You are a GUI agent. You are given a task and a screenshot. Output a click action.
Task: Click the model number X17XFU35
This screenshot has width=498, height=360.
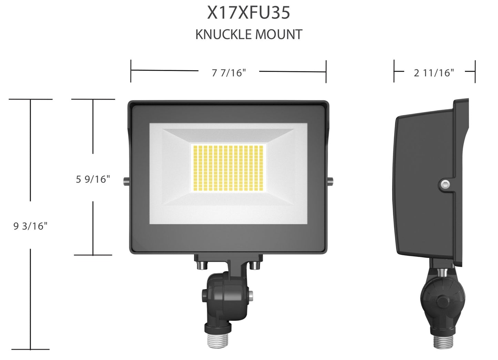point(248,13)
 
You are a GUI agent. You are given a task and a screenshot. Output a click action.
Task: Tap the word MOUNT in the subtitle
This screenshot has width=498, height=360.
point(279,35)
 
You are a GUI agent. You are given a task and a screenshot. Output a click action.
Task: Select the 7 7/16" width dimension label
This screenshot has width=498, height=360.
point(229,73)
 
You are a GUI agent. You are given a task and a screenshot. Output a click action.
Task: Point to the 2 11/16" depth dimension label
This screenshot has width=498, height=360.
point(434,73)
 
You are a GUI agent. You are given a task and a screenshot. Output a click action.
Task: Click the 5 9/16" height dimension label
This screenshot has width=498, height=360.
point(93,179)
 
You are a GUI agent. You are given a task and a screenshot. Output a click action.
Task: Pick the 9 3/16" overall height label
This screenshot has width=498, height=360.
point(30,226)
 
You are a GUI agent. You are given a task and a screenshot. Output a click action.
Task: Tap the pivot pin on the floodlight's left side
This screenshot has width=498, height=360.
point(126,181)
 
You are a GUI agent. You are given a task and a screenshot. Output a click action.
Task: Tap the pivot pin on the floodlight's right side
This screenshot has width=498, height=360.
point(331,181)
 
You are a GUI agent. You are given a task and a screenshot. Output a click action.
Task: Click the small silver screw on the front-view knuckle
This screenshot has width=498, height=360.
point(251,295)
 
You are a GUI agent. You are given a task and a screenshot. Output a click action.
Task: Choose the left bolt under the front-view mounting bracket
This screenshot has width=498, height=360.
point(202,266)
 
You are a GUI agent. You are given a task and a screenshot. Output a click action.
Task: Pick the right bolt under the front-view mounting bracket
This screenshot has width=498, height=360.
point(255,266)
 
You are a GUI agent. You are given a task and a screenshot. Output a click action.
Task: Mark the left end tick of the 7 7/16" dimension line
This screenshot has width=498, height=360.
point(131,71)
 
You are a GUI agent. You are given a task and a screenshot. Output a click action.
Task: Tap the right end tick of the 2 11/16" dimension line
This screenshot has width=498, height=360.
point(475,71)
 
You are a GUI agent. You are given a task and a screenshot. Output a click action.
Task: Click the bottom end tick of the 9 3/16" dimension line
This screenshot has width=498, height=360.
point(30,349)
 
